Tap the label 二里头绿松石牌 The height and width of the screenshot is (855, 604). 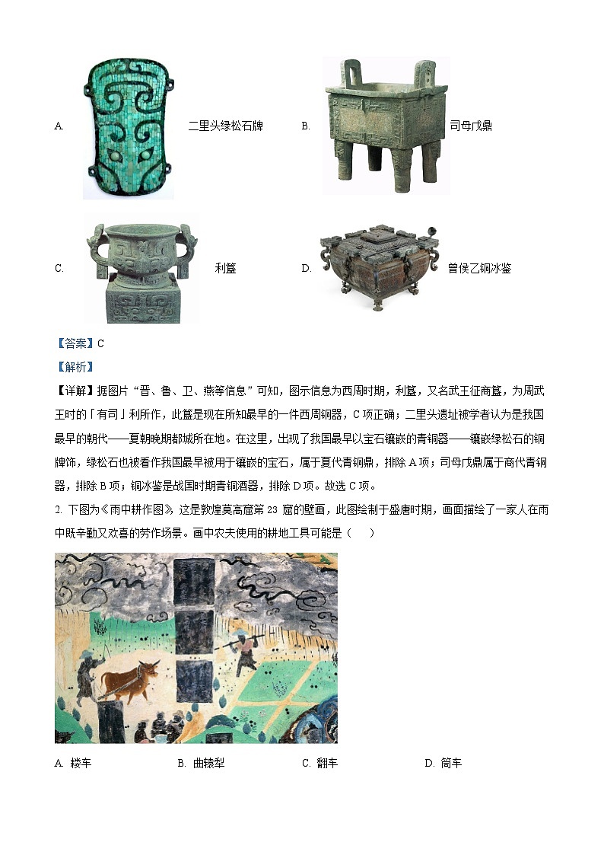(x=225, y=126)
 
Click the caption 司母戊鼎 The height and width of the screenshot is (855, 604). (x=471, y=126)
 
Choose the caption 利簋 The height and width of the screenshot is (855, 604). (x=225, y=268)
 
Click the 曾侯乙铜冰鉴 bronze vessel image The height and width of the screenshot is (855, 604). (x=380, y=266)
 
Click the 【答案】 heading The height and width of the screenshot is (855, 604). (x=75, y=343)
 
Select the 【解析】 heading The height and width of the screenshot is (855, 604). (x=75, y=367)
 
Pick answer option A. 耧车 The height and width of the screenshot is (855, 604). (x=73, y=763)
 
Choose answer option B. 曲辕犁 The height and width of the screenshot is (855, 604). (x=201, y=763)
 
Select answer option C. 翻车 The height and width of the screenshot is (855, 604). (x=319, y=763)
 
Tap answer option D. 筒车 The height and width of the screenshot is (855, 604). (x=443, y=763)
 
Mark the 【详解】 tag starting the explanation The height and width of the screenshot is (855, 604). (x=75, y=391)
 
